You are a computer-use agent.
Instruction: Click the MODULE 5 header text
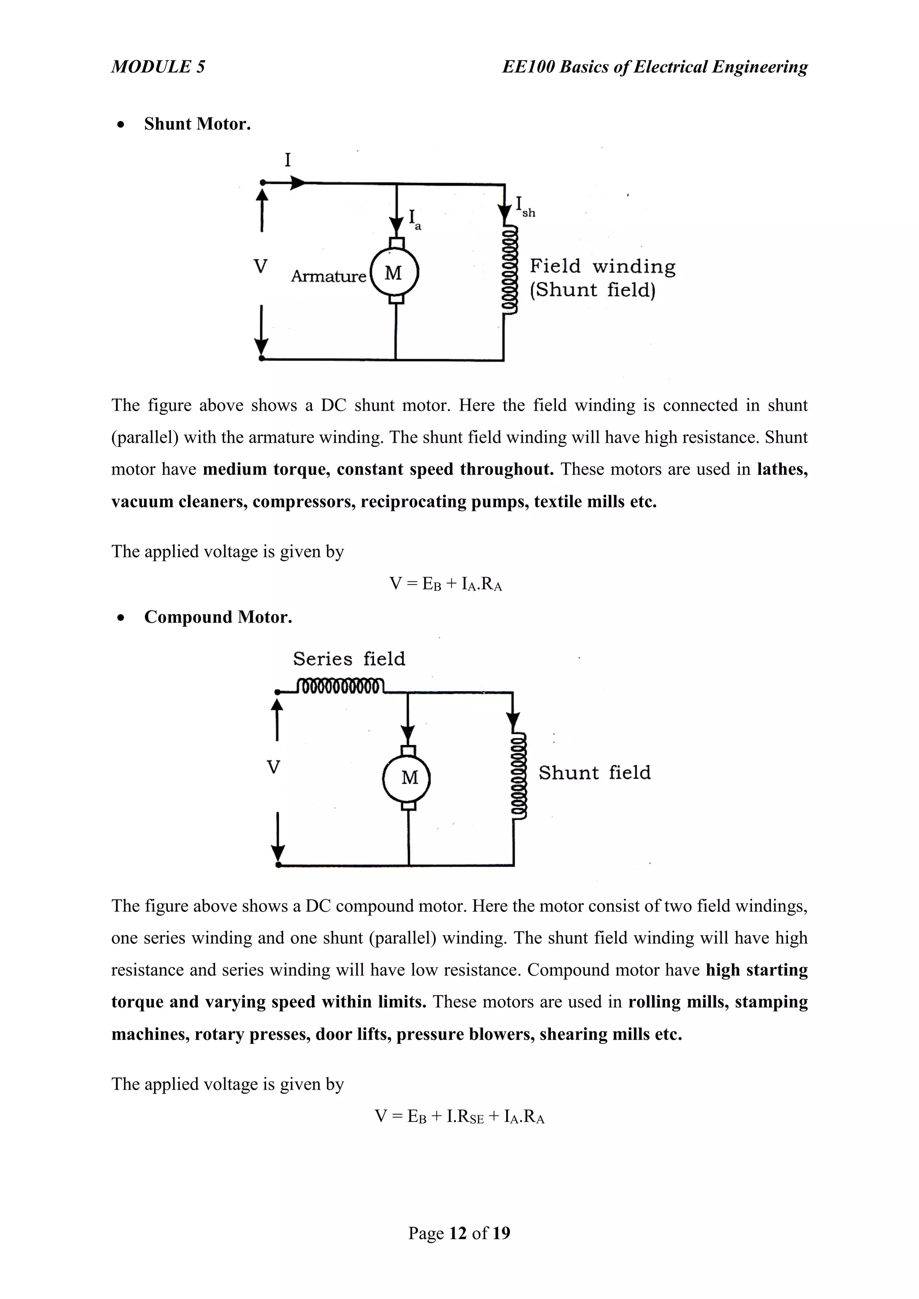point(158,67)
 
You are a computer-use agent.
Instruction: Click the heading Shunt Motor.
point(197,124)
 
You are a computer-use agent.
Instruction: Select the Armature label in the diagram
point(328,276)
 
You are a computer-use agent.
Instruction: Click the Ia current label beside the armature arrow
point(415,219)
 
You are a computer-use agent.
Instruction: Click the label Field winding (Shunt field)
point(602,278)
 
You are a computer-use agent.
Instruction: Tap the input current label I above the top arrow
point(288,161)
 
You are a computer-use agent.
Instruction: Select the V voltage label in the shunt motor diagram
point(260,266)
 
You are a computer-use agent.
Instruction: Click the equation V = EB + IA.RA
point(446,584)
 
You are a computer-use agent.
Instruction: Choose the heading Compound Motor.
point(218,617)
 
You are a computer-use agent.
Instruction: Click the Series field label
point(349,658)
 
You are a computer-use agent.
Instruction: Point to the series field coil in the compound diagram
point(341,686)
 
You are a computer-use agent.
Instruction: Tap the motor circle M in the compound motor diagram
point(407,777)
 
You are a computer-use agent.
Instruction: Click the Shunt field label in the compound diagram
point(594,772)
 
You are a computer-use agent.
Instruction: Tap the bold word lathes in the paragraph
point(782,469)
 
